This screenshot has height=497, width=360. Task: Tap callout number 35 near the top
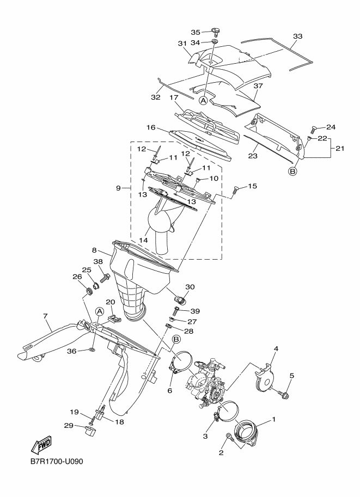[x=196, y=32]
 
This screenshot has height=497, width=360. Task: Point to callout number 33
[x=297, y=36]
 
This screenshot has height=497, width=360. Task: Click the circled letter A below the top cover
[x=203, y=100]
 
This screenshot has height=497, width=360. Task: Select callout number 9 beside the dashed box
[x=118, y=188]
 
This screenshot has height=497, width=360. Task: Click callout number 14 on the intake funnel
[x=143, y=240]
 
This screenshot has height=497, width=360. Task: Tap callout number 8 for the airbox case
[x=94, y=250]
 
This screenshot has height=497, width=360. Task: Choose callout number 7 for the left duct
[x=45, y=316]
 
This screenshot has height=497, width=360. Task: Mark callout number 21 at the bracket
[x=340, y=148]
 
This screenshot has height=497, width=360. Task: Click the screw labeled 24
[x=313, y=130]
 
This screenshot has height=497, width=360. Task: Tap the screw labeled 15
[x=236, y=189]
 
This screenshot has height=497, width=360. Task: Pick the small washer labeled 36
[x=91, y=350]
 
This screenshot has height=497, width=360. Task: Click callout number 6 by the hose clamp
[x=170, y=390]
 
